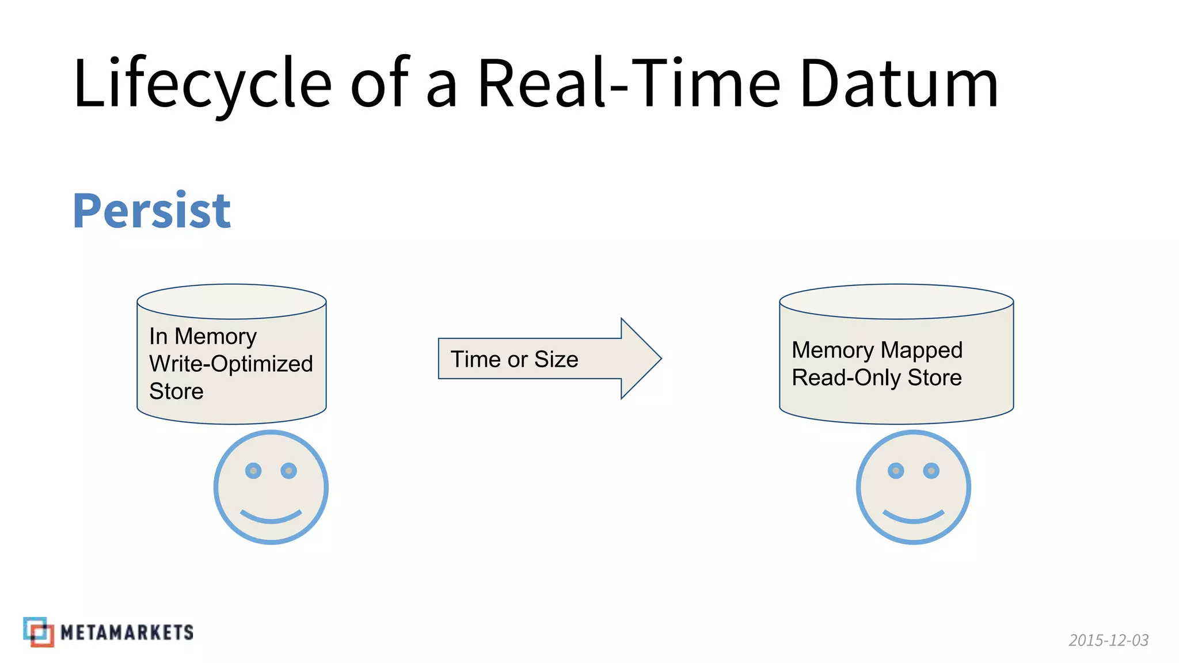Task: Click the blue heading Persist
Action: point(151,211)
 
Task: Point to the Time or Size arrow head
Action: point(640,359)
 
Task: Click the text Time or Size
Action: point(514,360)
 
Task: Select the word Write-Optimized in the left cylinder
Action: point(231,364)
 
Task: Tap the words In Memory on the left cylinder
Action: point(203,336)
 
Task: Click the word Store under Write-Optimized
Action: point(176,391)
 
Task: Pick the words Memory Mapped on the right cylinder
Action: point(877,350)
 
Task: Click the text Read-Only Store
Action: point(876,378)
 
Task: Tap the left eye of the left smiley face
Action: point(253,471)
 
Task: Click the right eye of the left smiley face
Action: point(288,471)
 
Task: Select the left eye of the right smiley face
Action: point(896,471)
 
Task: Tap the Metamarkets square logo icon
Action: point(39,632)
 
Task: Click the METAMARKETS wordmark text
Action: point(127,632)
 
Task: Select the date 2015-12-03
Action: point(1108,640)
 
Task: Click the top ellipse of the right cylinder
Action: point(896,302)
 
